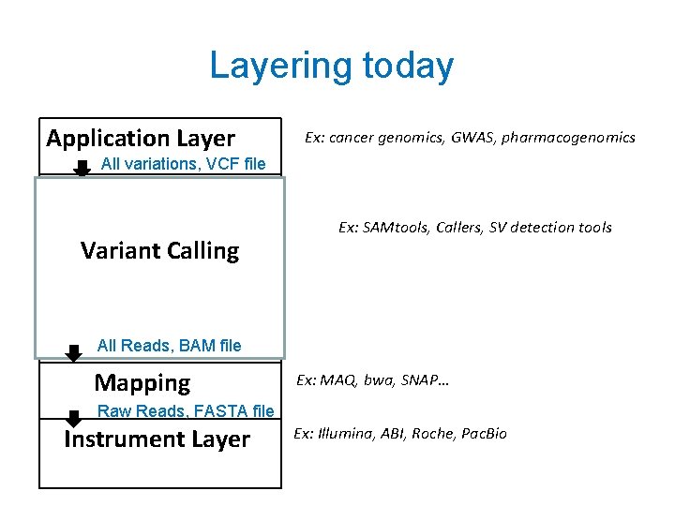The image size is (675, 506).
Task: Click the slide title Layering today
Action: [x=331, y=67]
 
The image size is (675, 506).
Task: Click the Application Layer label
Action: [x=141, y=139]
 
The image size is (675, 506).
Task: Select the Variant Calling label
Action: [x=159, y=251]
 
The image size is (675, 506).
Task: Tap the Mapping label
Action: [x=142, y=382]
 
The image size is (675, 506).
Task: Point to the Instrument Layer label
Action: [x=157, y=439]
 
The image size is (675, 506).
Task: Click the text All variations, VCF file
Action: [x=183, y=165]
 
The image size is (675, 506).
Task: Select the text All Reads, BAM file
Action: [x=169, y=346]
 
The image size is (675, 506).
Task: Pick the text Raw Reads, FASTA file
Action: [x=186, y=411]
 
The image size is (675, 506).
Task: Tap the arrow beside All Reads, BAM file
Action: [x=73, y=351]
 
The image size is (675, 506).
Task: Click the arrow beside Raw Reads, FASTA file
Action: [x=73, y=417]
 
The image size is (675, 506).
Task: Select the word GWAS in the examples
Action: [x=472, y=138]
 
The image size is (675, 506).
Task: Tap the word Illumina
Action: [x=346, y=434]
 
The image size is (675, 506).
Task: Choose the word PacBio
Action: [x=483, y=434]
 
